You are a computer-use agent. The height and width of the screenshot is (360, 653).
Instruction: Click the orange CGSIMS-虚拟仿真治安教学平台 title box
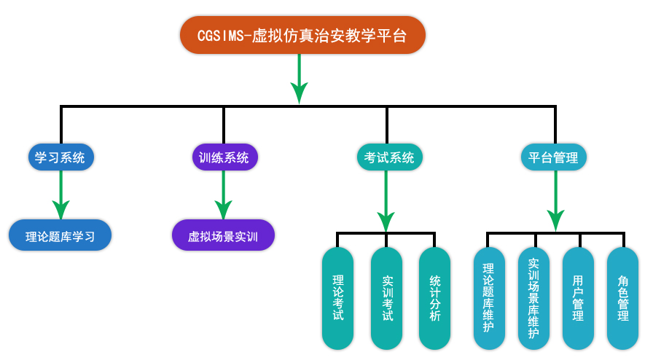pyautogui.click(x=302, y=35)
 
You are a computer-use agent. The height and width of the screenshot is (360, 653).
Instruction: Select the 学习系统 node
pyautogui.click(x=60, y=157)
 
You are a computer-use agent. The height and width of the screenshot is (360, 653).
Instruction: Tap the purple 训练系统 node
pyautogui.click(x=224, y=157)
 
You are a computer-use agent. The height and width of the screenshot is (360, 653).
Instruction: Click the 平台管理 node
pyautogui.click(x=555, y=157)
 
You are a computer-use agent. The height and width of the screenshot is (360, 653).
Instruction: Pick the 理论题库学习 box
pyautogui.click(x=60, y=236)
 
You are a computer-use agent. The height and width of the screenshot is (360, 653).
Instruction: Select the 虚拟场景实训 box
pyautogui.click(x=224, y=236)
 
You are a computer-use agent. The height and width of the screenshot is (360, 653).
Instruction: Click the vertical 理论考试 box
pyautogui.click(x=337, y=298)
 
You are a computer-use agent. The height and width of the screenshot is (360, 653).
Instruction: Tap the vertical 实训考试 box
pyautogui.click(x=386, y=298)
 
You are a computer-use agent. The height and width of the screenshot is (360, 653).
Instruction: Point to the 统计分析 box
pyautogui.click(x=434, y=298)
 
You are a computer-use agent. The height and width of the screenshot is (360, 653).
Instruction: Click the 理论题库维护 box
pyautogui.click(x=488, y=298)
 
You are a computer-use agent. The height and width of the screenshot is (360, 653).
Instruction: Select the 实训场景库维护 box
pyautogui.click(x=533, y=298)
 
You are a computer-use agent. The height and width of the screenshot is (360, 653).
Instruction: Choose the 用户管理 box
pyautogui.click(x=578, y=298)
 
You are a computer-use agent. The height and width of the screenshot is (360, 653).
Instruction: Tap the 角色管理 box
pyautogui.click(x=623, y=298)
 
